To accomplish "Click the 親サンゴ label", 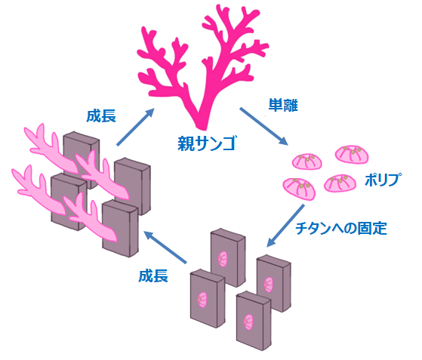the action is [207, 143].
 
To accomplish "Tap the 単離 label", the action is [283, 105].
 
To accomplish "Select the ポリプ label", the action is [383, 180].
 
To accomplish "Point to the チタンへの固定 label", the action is [341, 229].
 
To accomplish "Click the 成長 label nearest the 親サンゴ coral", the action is [101, 116].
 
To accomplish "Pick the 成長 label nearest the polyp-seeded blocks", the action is [153, 276].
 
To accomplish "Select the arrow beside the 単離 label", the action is [263, 127].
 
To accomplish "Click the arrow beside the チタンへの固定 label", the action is [285, 226].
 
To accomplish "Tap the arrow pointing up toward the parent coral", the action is [135, 127].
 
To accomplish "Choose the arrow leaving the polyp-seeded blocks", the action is [165, 248].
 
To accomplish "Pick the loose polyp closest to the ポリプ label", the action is [340, 183].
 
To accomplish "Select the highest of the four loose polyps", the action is [352, 155].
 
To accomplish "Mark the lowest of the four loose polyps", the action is [299, 189].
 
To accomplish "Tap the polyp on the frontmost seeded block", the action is [248, 322].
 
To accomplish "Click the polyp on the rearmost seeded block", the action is [223, 259].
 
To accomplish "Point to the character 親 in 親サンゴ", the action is [186, 143].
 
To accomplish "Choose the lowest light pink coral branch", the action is [90, 218].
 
